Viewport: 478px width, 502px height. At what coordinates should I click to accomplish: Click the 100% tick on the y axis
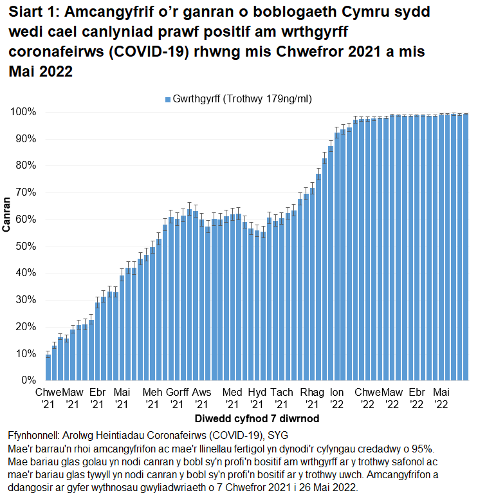click(24, 112)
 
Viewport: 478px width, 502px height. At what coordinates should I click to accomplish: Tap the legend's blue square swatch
click(168, 99)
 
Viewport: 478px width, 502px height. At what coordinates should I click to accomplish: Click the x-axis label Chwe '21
click(48, 398)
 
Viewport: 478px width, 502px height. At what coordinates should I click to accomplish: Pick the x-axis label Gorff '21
click(178, 398)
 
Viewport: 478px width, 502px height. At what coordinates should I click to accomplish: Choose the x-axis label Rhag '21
click(312, 398)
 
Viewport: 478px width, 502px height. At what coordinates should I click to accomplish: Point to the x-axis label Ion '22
click(336, 398)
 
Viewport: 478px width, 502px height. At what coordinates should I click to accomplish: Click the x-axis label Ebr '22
click(417, 398)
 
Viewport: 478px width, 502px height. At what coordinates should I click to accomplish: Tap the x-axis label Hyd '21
click(257, 398)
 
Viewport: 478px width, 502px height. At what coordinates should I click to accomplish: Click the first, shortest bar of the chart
click(48, 367)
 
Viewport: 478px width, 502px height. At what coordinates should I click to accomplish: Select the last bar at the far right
click(465, 247)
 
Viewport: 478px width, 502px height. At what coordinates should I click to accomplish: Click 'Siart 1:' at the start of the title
click(32, 12)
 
